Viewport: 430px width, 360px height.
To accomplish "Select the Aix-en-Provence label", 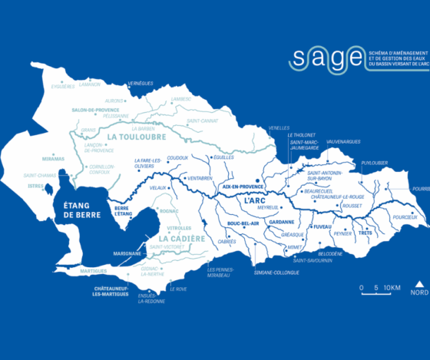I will coord(242,186).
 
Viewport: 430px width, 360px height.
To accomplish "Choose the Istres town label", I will coord(35,186).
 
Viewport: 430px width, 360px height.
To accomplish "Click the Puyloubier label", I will coord(375,162).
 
